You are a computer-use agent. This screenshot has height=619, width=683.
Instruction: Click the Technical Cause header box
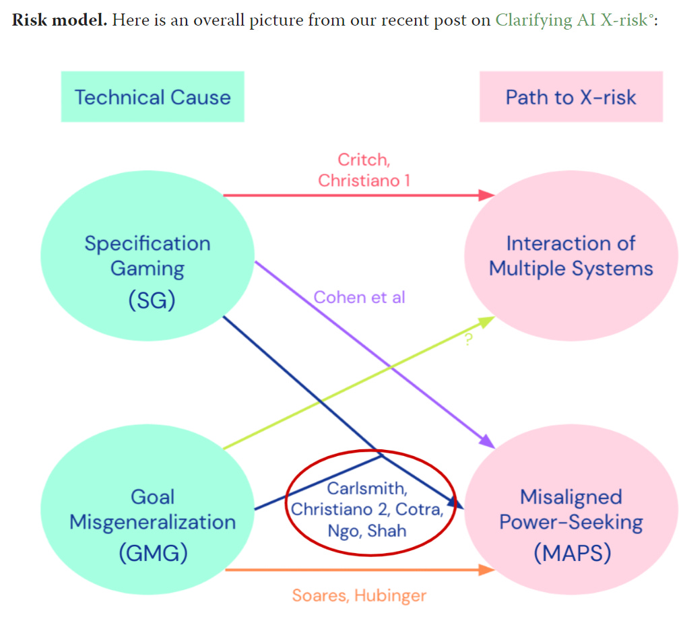tap(152, 97)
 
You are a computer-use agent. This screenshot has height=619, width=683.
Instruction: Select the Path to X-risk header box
tap(571, 97)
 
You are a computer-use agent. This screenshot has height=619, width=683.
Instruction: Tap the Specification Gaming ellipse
tap(147, 256)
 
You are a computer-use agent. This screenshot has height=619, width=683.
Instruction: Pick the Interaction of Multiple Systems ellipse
tap(571, 256)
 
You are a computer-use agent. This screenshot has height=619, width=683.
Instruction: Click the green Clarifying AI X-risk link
tap(573, 20)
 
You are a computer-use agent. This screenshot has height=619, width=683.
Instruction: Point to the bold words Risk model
tap(59, 20)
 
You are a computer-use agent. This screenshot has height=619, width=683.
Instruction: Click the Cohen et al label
tap(360, 296)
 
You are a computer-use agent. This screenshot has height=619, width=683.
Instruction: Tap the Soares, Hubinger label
tap(359, 595)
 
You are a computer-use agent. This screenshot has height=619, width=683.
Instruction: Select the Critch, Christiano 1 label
tap(364, 170)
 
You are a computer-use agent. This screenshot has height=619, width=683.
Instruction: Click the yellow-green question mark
tap(469, 340)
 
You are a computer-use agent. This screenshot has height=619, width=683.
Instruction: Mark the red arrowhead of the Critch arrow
tap(486, 195)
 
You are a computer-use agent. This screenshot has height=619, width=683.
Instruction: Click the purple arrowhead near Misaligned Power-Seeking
tap(487, 441)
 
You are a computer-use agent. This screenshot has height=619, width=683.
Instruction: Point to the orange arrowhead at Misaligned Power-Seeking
tap(486, 569)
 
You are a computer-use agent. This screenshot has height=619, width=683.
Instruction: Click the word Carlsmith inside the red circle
tap(367, 488)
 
